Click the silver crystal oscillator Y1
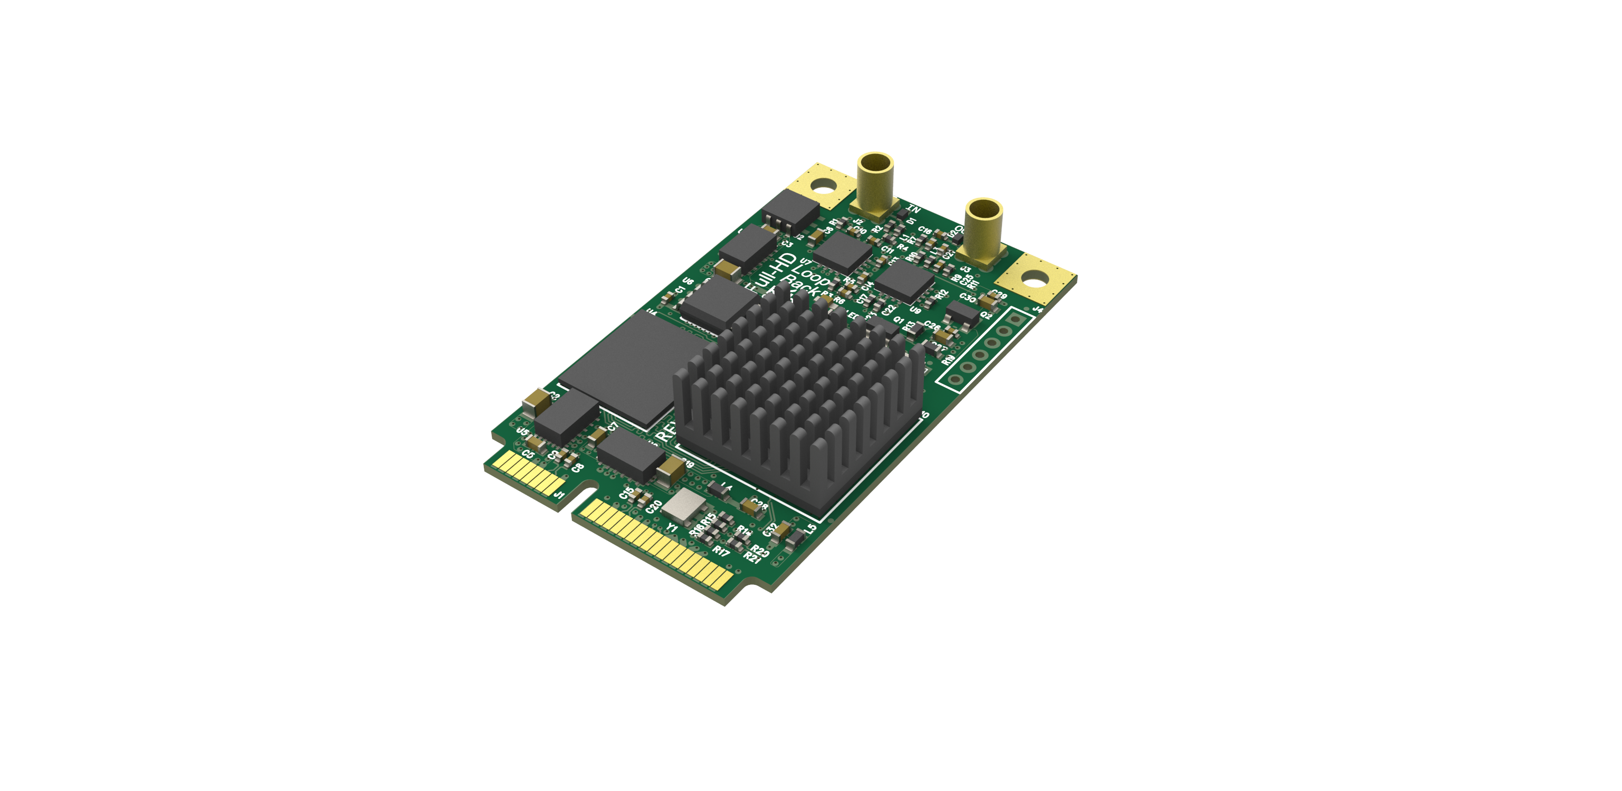coord(684,504)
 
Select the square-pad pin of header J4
coord(1015,320)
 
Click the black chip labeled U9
coord(905,281)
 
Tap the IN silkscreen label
coord(914,209)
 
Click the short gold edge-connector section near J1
coord(528,473)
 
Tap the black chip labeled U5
coord(566,416)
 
